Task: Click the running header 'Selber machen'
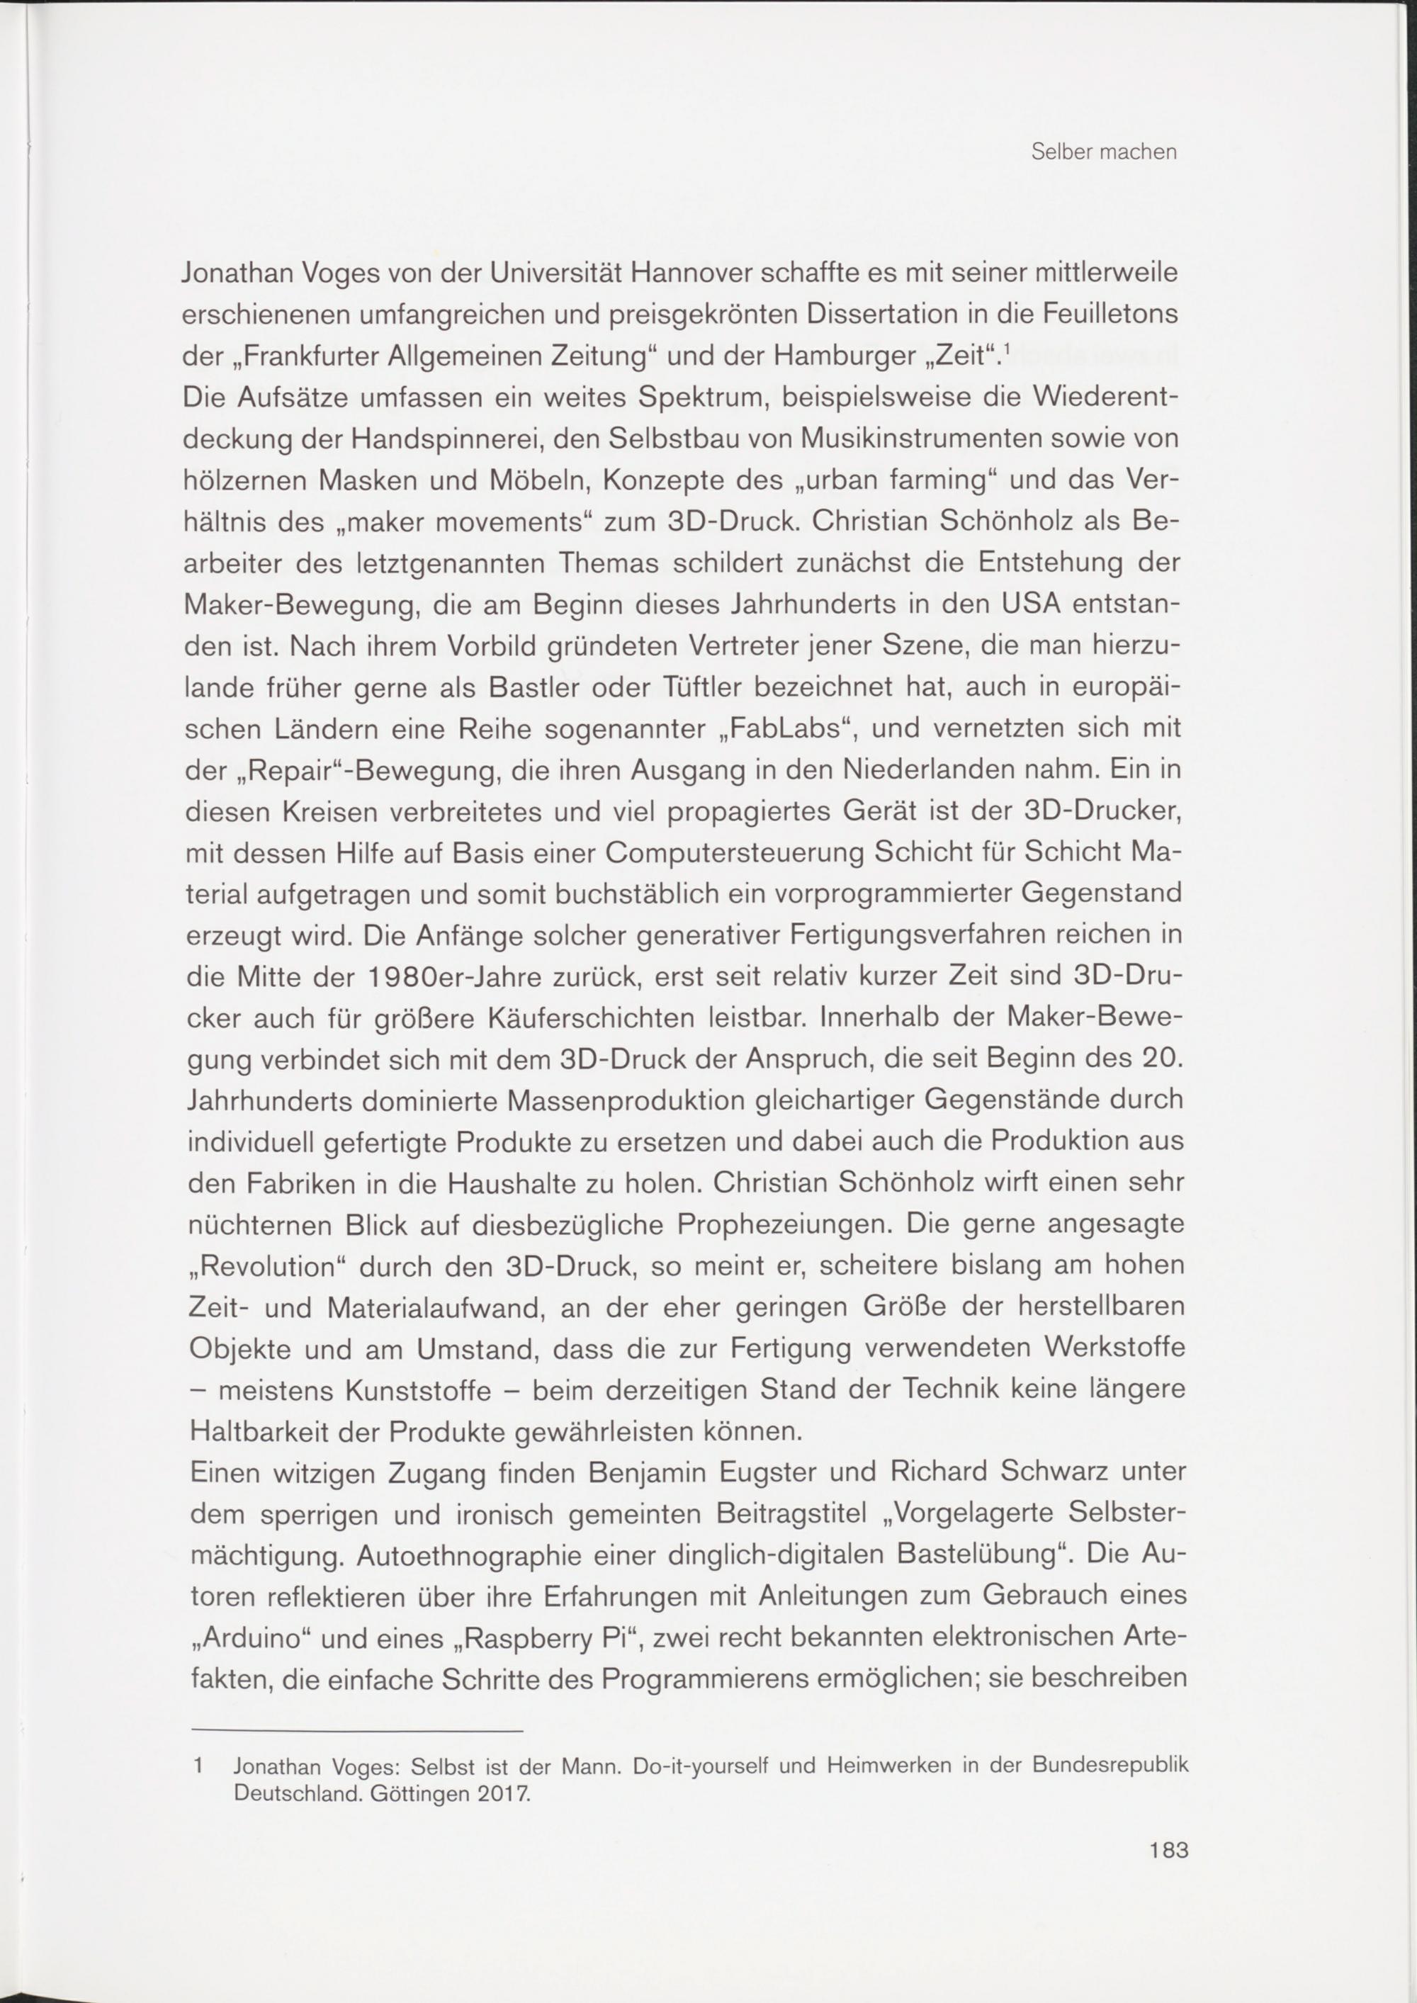coord(1104,152)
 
